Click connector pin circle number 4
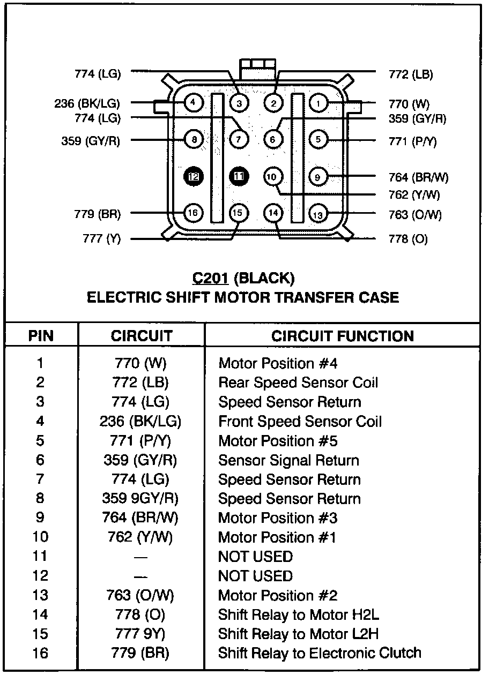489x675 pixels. (194, 102)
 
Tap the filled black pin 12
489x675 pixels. (194, 176)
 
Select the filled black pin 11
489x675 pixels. (239, 176)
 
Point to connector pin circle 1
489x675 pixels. (318, 102)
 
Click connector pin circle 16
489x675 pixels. (194, 213)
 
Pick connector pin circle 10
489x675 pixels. (273, 176)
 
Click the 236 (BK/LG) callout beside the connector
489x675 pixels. (87, 103)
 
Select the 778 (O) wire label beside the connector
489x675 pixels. (408, 239)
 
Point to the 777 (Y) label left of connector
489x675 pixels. (102, 239)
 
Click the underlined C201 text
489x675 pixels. (211, 279)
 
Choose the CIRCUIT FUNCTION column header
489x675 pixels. (343, 336)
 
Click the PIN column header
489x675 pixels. (41, 336)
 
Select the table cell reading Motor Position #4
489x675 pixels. (278, 364)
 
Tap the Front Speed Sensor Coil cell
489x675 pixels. (300, 422)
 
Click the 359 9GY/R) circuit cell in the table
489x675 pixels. (140, 499)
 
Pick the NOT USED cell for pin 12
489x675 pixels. (255, 576)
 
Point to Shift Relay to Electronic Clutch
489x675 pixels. (320, 653)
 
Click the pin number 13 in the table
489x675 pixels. (41, 595)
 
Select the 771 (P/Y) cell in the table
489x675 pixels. (140, 441)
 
